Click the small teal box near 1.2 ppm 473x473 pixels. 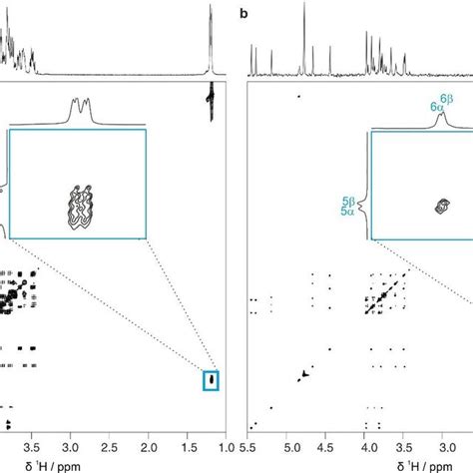click(x=211, y=380)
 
